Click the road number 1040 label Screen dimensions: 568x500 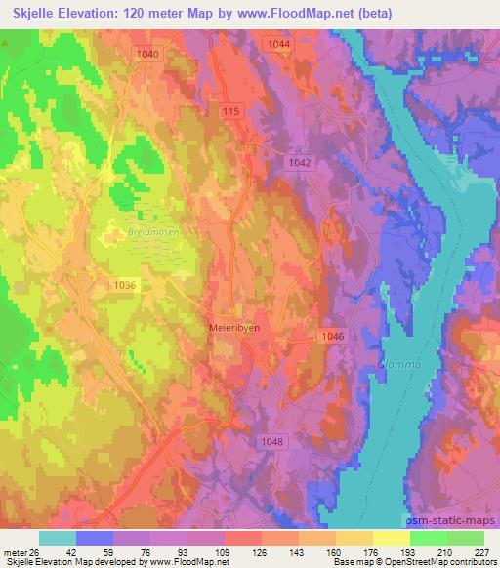click(x=149, y=54)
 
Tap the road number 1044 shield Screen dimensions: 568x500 click(x=278, y=45)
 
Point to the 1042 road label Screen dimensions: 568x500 click(x=301, y=165)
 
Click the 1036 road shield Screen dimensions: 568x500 click(x=125, y=284)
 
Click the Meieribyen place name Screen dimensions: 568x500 click(x=234, y=329)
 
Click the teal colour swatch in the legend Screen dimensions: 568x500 click(x=58, y=538)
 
